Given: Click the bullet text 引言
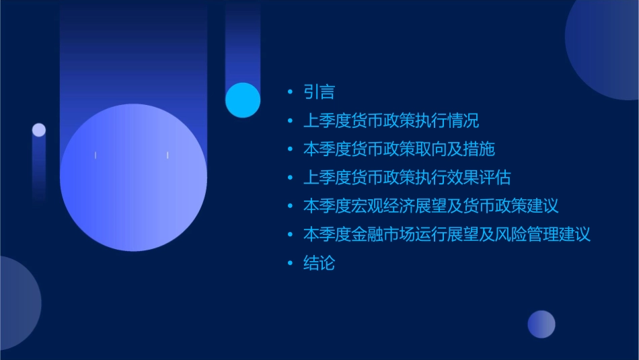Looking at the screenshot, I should click(319, 92).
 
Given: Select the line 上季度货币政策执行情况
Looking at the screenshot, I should click(391, 121).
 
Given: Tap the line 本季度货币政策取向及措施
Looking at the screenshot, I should click(399, 149).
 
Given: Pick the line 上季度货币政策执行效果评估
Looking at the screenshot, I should click(407, 178).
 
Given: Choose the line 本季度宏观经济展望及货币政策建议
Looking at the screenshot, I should click(431, 206).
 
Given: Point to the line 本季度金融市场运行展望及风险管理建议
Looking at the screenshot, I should click(447, 235).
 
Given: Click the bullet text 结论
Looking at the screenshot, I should click(319, 263).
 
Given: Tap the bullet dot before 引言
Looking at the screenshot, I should click(290, 93).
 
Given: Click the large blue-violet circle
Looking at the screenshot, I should click(133, 178).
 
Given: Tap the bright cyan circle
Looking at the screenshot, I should click(243, 100).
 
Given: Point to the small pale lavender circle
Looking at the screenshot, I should click(39, 130).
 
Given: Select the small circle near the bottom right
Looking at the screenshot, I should click(541, 324).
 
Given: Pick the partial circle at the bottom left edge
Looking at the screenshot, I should click(17, 303).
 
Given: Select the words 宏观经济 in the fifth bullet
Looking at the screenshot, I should click(384, 206).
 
